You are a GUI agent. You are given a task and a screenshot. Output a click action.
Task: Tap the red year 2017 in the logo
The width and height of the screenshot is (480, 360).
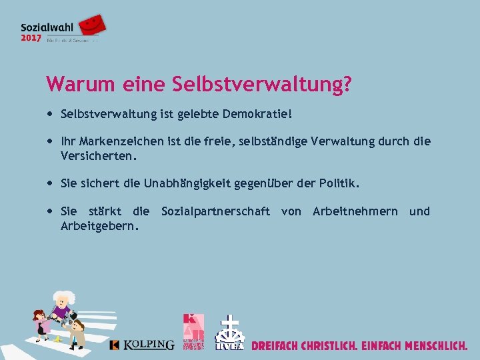(31, 39)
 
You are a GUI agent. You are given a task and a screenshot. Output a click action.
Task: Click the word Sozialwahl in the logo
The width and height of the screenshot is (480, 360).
(47, 27)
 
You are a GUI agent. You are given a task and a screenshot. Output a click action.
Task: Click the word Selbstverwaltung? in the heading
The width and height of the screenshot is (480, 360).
(262, 85)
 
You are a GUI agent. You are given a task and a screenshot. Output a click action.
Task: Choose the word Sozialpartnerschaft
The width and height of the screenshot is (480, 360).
(215, 211)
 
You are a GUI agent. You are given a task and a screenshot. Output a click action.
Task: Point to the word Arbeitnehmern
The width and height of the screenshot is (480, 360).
(355, 211)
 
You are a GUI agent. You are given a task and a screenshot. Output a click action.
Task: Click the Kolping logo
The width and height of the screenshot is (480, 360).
(141, 344)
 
